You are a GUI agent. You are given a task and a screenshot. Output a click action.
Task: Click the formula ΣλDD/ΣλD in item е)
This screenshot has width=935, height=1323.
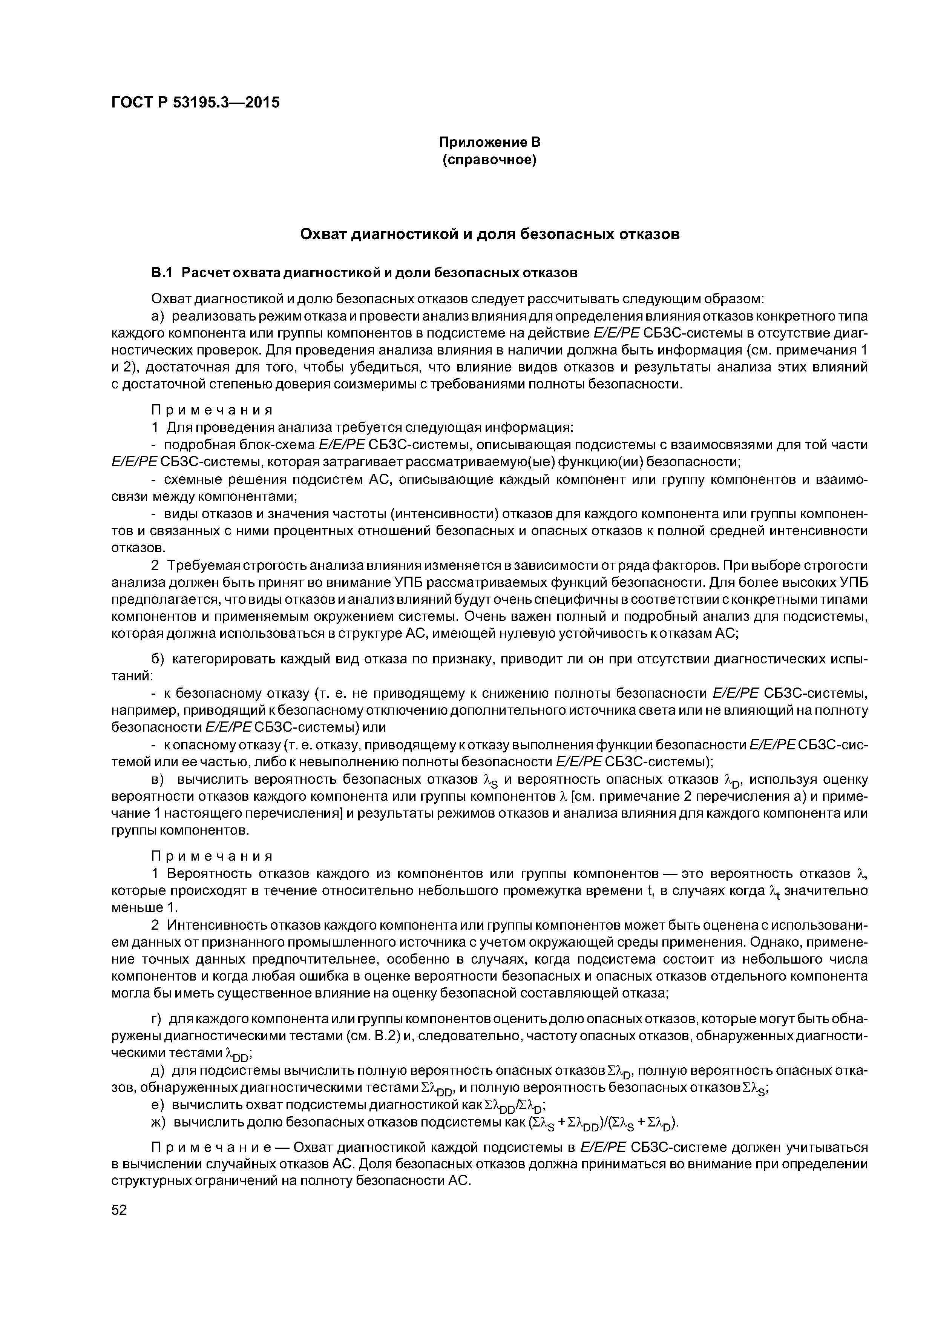(513, 1106)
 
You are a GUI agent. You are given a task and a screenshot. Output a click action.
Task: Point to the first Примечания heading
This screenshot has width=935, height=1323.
(211, 410)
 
